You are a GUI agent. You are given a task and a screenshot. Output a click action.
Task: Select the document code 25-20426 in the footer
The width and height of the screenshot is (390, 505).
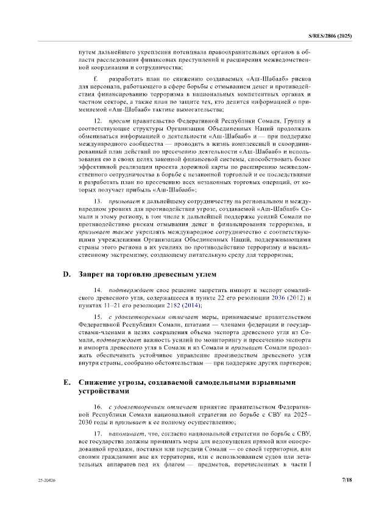click(45, 481)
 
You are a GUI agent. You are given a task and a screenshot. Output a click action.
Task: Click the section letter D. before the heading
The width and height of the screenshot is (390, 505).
click(67, 274)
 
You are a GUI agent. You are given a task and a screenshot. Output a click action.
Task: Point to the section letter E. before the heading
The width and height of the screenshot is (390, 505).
click(67, 382)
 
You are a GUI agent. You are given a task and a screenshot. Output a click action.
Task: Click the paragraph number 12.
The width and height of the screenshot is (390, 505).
click(97, 121)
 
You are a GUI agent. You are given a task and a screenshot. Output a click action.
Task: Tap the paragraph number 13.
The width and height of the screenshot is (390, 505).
click(97, 201)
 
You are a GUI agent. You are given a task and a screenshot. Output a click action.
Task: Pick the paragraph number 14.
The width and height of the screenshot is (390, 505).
click(97, 290)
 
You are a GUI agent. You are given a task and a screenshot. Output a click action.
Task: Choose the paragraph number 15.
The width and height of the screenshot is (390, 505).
click(97, 317)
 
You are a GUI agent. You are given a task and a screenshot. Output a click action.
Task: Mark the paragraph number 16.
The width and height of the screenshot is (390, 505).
click(97, 406)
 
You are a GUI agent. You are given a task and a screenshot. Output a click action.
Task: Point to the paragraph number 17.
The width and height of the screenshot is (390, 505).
click(97, 433)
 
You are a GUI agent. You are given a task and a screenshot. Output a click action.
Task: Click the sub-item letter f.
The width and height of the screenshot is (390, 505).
click(95, 80)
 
